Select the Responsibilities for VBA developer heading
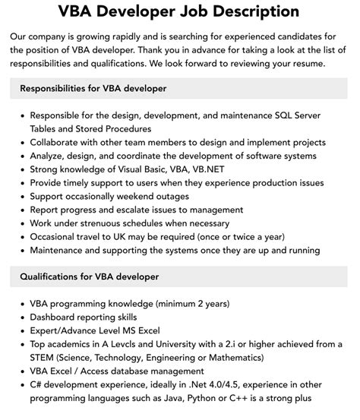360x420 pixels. pyautogui.click(x=93, y=89)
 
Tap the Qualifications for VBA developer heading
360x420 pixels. pyautogui.click(x=90, y=276)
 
